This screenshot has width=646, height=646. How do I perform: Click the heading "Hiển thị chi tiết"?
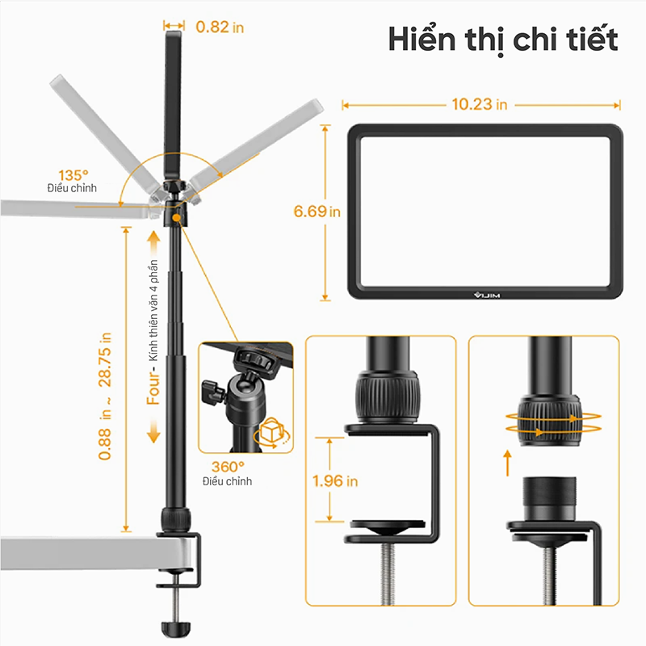tap(503, 40)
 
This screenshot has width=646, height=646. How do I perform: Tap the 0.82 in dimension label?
tap(220, 27)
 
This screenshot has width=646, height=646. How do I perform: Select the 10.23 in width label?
tap(480, 104)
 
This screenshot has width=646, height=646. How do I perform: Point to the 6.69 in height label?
tap(317, 212)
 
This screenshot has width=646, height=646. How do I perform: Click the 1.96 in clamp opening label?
tap(335, 480)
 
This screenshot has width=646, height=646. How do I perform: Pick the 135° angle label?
tap(73, 175)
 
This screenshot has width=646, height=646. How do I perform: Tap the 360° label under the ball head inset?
tap(228, 467)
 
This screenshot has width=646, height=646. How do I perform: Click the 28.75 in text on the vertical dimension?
tap(105, 359)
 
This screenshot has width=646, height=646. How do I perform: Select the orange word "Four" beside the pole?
tap(153, 388)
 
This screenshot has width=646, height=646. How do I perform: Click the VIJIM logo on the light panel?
tap(487, 295)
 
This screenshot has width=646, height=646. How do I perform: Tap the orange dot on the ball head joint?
tap(176, 217)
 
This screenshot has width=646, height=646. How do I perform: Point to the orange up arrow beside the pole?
tap(153, 243)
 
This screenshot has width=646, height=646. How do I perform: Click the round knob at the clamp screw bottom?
tap(176, 629)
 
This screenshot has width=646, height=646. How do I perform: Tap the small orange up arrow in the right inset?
tap(508, 463)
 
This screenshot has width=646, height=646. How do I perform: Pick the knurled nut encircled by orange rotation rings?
tap(550, 420)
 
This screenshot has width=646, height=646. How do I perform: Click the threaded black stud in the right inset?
tap(550, 497)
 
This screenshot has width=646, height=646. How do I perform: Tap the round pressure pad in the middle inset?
tap(388, 527)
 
